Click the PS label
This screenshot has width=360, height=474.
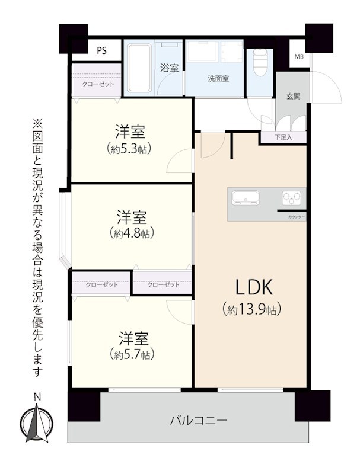pos(102,50)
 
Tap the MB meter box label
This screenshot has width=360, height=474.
pos(299,56)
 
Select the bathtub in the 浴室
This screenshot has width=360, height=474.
pos(139,68)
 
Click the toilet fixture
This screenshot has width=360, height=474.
pos(259,62)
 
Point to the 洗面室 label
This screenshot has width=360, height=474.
pos(218,79)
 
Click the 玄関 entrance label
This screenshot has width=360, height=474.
pos(293,97)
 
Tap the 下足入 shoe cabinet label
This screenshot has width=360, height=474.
pos(283,137)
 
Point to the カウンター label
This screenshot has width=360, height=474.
pos(296,217)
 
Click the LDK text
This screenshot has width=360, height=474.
pos(254,287)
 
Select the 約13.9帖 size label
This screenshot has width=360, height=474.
pos(251,309)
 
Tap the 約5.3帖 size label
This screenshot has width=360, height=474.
pos(129,149)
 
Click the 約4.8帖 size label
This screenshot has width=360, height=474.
pos(132,233)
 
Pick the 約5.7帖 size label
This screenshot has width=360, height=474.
pos(132,354)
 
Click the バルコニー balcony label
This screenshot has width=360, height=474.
pos(199,421)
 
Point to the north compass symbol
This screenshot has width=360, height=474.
pos(37,422)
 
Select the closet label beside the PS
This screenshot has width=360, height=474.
pos(98,84)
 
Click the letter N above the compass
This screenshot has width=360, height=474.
pos(37,397)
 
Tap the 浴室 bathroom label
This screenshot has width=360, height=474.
pos(169,68)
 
